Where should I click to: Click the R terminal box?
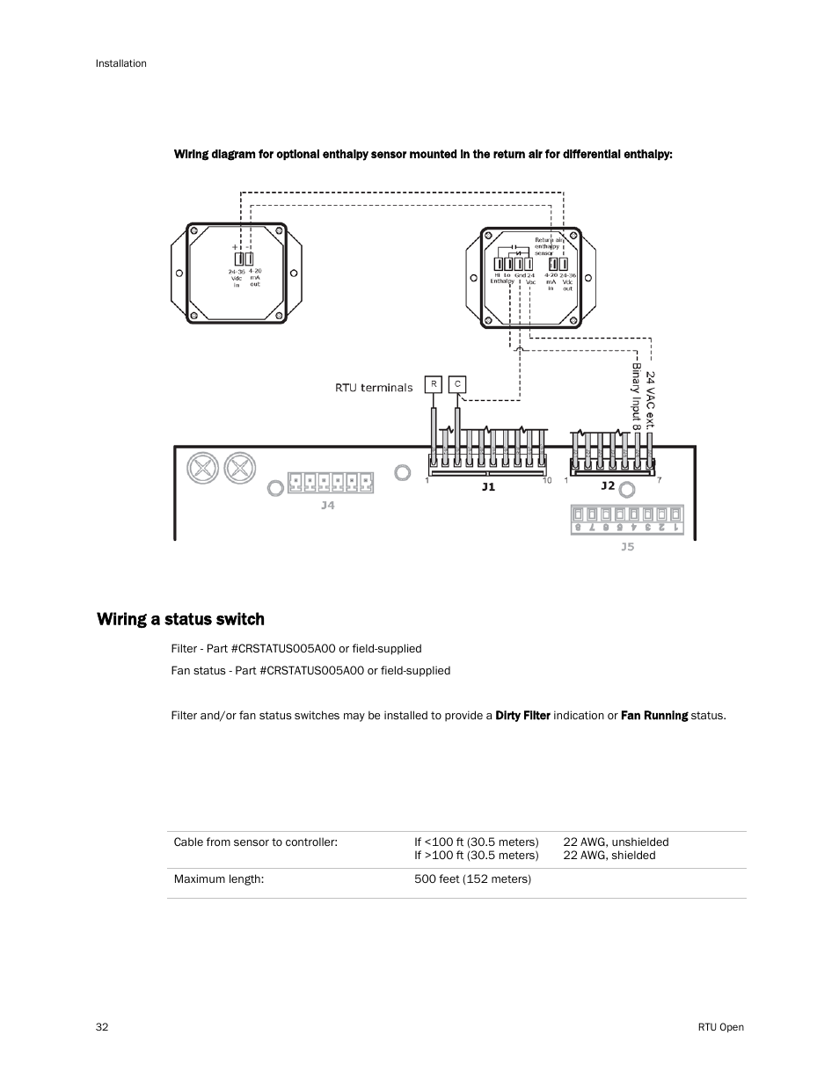[x=433, y=384]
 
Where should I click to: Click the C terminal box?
[x=457, y=384]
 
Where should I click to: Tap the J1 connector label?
[x=488, y=486]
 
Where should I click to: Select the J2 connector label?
[x=608, y=485]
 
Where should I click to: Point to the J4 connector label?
[x=327, y=506]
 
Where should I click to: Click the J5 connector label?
[x=627, y=546]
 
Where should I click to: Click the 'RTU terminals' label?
[x=374, y=387]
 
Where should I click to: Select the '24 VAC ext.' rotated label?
[x=651, y=398]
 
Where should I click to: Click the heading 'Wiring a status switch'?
[x=180, y=619]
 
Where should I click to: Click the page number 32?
[x=102, y=1027]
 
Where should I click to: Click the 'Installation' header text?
[x=121, y=63]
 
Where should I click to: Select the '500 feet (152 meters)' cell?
[x=472, y=878]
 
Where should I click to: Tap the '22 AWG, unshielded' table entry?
[x=616, y=842]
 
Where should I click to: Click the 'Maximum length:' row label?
[x=219, y=878]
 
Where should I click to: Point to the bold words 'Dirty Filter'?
[x=522, y=715]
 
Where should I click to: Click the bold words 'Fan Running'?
[x=654, y=715]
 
